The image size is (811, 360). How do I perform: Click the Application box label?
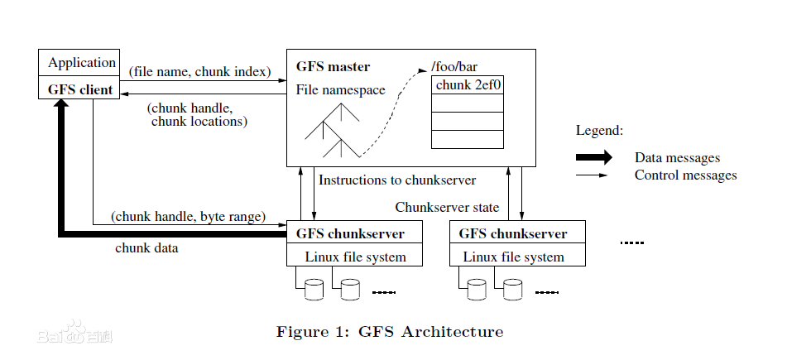(81, 63)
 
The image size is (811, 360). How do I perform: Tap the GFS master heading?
(333, 66)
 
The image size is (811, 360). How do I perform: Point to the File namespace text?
(340, 89)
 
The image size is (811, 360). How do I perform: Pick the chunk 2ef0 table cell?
(468, 84)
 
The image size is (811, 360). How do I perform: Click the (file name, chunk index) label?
(200, 72)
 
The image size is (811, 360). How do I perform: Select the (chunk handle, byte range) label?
(188, 217)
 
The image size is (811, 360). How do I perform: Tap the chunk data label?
(146, 247)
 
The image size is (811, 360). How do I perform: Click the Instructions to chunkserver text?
(397, 179)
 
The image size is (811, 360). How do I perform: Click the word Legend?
(599, 131)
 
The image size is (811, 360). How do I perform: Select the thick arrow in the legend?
(593, 157)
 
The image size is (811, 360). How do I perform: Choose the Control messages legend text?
(685, 175)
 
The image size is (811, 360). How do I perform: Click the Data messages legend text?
(677, 157)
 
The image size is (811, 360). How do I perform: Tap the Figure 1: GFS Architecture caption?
(389, 332)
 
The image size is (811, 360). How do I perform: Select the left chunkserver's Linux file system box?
(355, 257)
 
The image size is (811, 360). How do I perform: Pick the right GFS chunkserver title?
(513, 233)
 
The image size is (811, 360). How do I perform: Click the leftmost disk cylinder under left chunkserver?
(314, 289)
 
